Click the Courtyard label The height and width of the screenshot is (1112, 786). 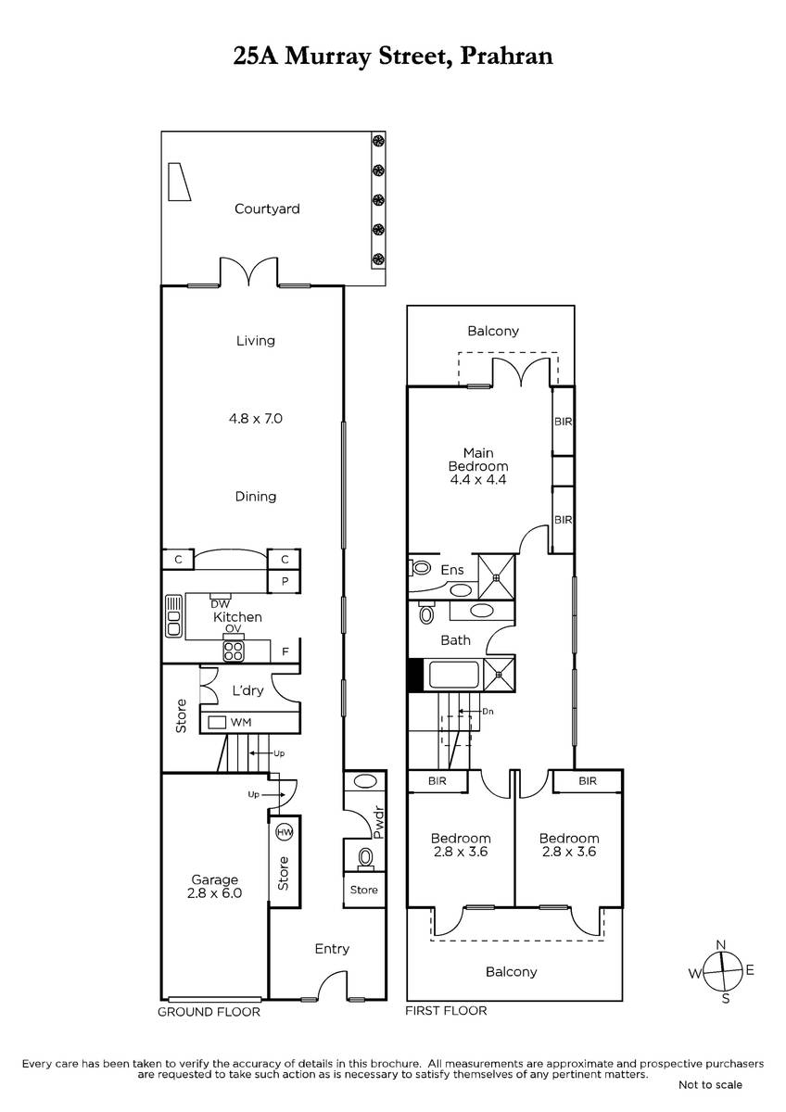[267, 209]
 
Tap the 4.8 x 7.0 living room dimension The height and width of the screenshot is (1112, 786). [256, 419]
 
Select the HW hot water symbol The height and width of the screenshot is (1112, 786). [285, 832]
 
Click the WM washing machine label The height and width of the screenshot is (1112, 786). [241, 722]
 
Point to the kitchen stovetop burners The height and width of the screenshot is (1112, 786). [234, 651]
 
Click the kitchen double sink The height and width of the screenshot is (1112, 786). [173, 616]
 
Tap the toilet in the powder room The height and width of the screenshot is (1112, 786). [366, 859]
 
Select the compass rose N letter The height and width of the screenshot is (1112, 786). [721, 944]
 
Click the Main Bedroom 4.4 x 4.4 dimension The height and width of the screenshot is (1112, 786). [478, 480]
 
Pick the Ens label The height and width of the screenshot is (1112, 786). [452, 570]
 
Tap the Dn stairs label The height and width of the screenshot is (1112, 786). [488, 712]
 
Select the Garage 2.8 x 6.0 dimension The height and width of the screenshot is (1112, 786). [214, 893]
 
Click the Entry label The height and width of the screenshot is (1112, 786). [332, 949]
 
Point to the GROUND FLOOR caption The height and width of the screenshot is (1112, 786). [209, 1012]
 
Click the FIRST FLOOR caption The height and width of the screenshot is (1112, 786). [446, 1011]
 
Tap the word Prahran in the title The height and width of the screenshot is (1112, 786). [506, 56]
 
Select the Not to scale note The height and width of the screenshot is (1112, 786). [711, 1085]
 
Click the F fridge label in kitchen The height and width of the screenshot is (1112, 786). [285, 651]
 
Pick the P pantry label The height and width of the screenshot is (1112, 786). [285, 581]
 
